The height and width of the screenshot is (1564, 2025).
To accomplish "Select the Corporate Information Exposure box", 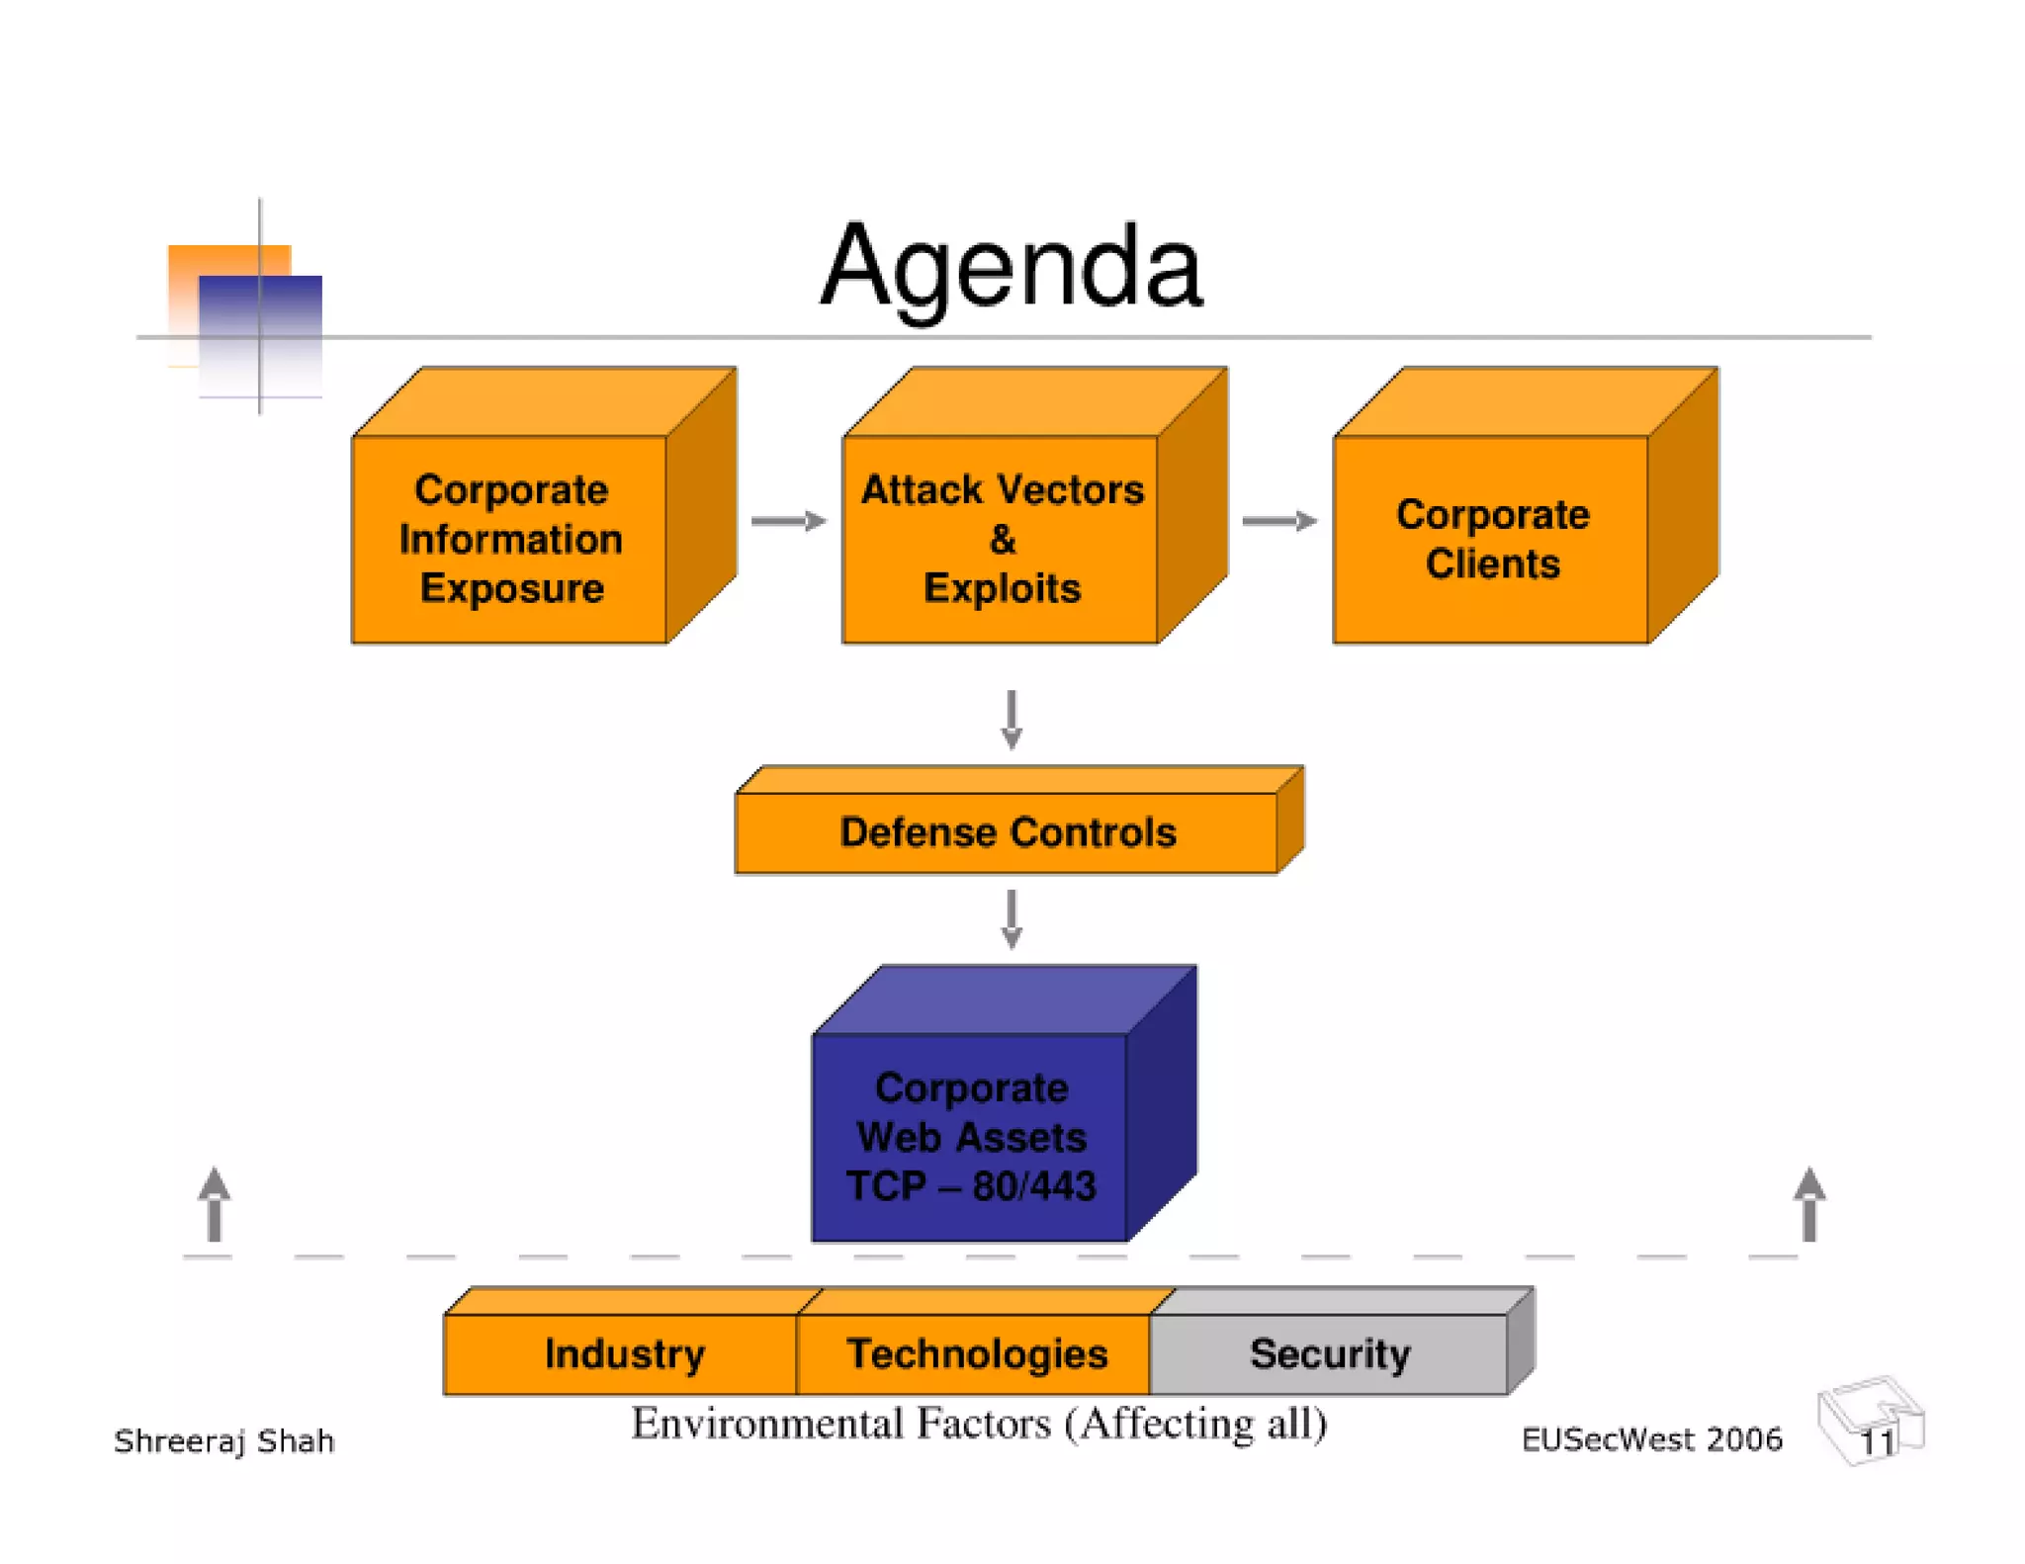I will (510, 539).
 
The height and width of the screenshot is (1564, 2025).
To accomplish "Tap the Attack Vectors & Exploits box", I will (1001, 539).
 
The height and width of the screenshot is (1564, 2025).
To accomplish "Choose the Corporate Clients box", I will (1491, 539).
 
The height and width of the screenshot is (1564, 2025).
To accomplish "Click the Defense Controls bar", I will (1007, 831).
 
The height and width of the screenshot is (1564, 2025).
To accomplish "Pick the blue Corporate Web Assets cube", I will (970, 1136).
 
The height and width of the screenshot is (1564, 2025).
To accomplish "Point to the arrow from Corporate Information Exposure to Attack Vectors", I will (788, 521).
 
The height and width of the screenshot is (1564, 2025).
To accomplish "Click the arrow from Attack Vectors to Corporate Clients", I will (1278, 521).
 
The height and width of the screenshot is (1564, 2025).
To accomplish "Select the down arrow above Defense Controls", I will (1011, 719).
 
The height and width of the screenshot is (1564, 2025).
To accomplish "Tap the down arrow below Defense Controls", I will (1011, 918).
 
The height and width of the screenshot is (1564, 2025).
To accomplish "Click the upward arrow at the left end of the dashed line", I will (215, 1203).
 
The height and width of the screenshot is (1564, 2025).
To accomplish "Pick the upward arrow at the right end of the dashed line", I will (1808, 1203).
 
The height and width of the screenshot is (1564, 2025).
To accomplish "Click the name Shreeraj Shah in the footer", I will (224, 1440).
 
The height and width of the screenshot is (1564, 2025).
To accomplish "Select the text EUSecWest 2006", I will (1650, 1439).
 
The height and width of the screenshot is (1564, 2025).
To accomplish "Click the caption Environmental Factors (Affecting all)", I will (978, 1424).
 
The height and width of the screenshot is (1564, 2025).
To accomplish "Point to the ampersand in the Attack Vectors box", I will (1002, 540).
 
